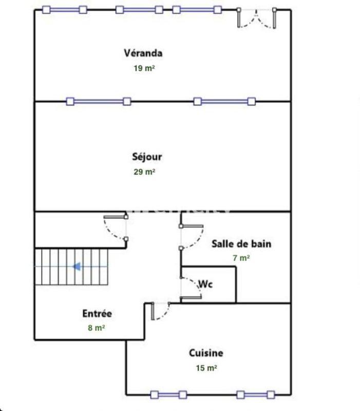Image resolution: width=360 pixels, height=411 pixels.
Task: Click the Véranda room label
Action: [x=143, y=52]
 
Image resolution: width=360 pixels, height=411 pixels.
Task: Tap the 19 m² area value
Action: [x=144, y=68]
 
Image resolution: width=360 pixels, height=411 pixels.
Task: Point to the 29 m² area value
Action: [x=144, y=172]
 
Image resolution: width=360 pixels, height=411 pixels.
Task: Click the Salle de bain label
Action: [x=241, y=244]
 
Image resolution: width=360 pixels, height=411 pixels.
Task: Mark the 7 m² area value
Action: [x=241, y=258]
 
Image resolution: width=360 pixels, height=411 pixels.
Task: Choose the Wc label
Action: [x=205, y=284]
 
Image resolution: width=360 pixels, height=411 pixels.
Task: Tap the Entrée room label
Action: [x=97, y=313]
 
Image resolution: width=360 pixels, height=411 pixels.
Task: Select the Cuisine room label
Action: [x=206, y=353]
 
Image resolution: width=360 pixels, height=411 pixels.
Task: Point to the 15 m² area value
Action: [x=206, y=368]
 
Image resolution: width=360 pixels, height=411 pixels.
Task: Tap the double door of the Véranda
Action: [x=257, y=18]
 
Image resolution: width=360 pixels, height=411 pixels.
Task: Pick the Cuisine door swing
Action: [x=160, y=311]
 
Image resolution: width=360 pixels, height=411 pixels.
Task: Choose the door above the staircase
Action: [x=117, y=228]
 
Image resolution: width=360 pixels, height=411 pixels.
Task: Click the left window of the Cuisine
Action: [x=168, y=395]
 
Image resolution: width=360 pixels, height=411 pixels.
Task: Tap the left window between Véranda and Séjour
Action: [x=99, y=101]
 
